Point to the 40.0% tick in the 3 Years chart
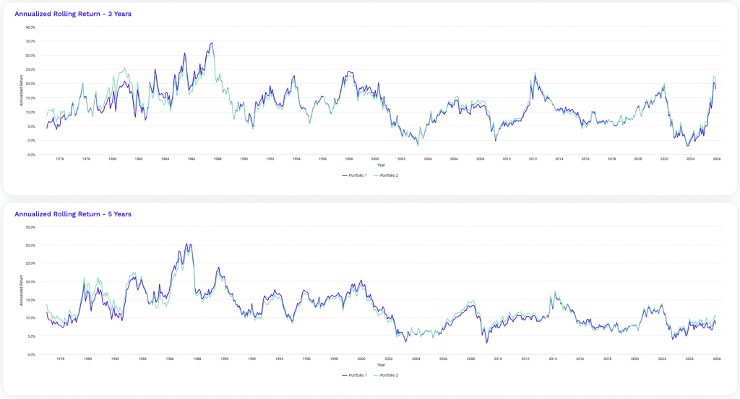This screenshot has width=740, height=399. (30, 27)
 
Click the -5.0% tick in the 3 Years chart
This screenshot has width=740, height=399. (30, 154)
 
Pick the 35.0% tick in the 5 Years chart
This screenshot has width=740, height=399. (30, 227)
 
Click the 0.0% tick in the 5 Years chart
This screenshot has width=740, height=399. (31, 354)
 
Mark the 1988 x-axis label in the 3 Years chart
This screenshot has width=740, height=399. (218, 159)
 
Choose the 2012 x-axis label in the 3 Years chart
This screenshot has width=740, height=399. (533, 159)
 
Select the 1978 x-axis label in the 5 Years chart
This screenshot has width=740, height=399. (59, 359)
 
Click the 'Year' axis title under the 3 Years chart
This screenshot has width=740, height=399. (381, 165)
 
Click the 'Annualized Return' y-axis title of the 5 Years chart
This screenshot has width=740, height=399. (22, 291)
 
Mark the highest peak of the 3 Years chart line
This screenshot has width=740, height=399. (212, 43)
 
